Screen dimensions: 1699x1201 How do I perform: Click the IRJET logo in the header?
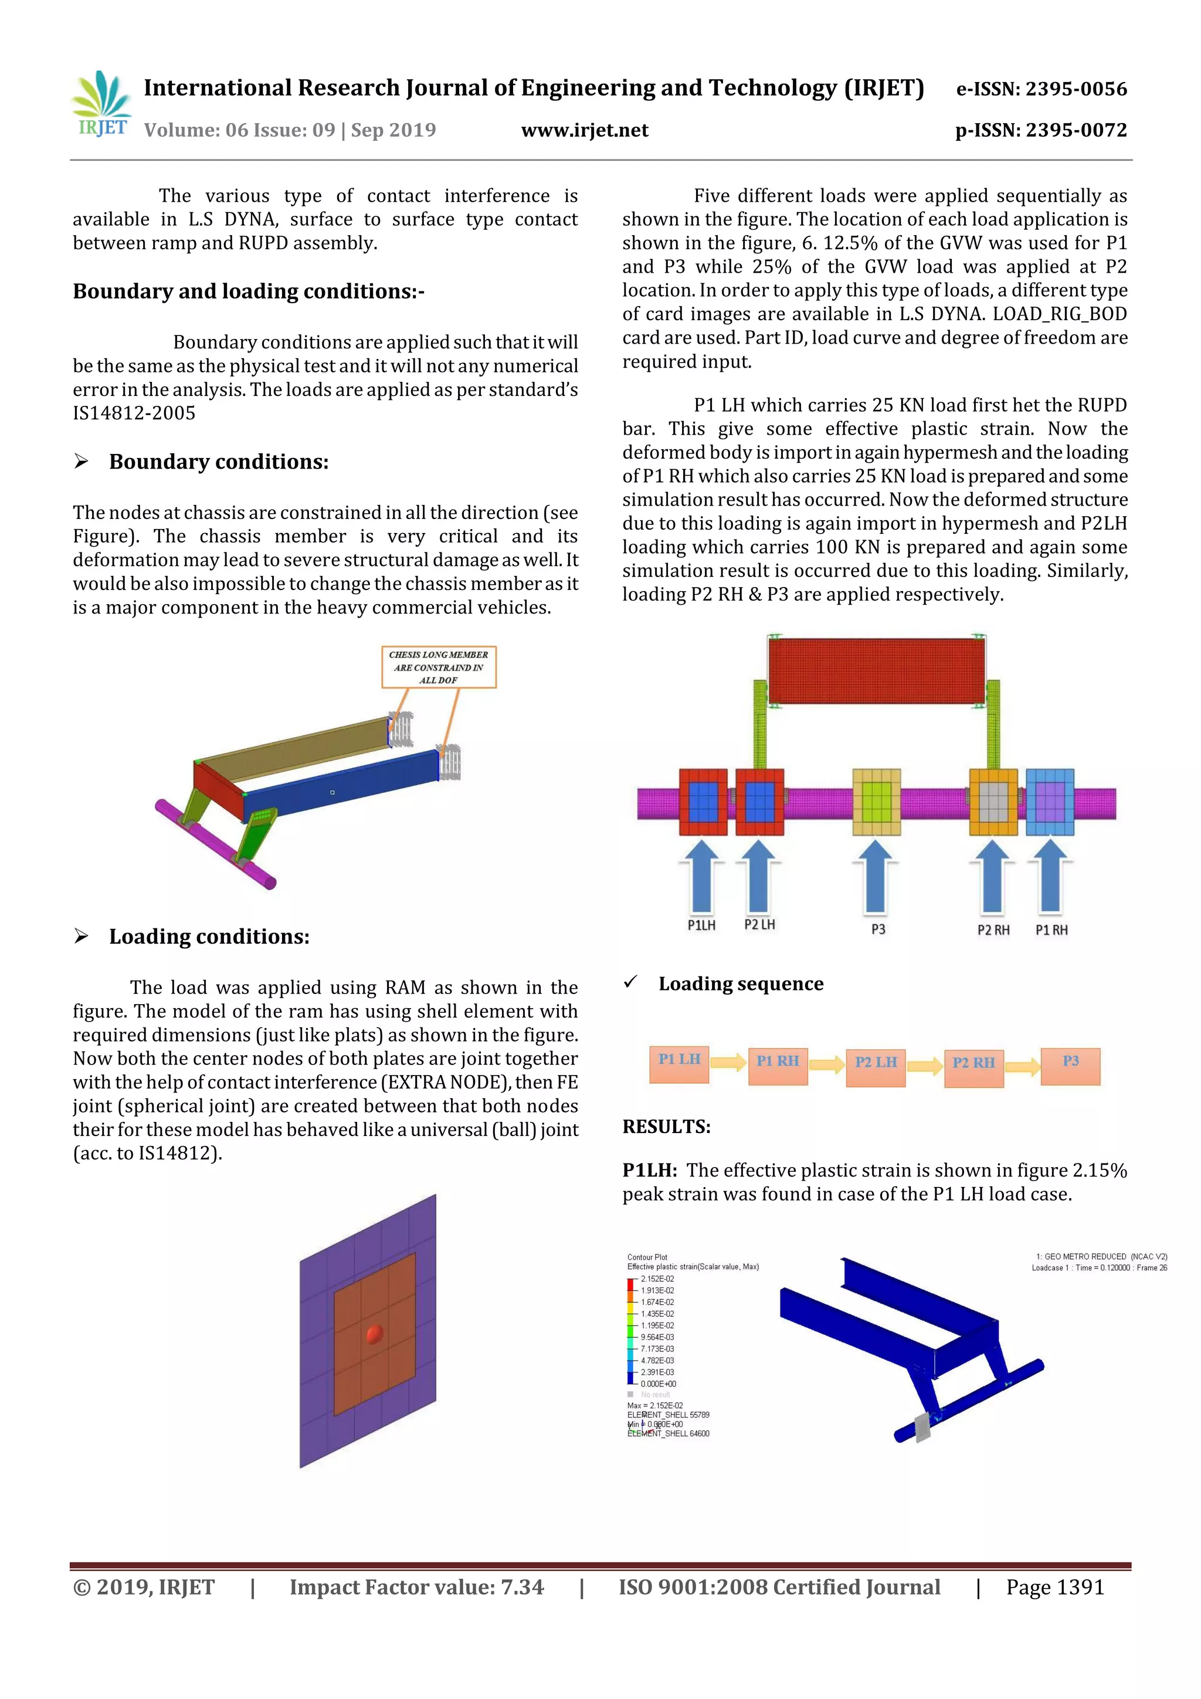coord(101,104)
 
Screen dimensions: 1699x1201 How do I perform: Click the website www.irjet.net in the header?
coord(585,130)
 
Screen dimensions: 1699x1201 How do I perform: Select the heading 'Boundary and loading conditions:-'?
coord(249,291)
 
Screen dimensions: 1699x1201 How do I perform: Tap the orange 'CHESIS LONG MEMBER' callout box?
coord(438,667)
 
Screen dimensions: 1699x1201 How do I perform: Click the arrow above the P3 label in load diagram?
coord(876,876)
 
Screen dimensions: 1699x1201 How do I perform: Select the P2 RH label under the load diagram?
coord(993,930)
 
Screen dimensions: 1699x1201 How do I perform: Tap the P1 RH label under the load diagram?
coord(1051,930)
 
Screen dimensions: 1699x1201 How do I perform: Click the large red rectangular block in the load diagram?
coord(876,670)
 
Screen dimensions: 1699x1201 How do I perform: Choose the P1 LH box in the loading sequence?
coord(678,1063)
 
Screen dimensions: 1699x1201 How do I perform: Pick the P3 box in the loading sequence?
coord(1070,1066)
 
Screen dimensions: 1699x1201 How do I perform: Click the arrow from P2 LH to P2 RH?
coord(924,1066)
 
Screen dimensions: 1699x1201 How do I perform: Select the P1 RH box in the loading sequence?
coord(777,1066)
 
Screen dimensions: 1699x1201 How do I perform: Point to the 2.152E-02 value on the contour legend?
coord(657,1279)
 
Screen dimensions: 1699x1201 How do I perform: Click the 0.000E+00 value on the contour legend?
coord(658,1383)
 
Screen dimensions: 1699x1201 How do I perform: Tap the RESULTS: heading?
coord(666,1126)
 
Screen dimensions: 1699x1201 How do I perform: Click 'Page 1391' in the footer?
coord(1054,1587)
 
